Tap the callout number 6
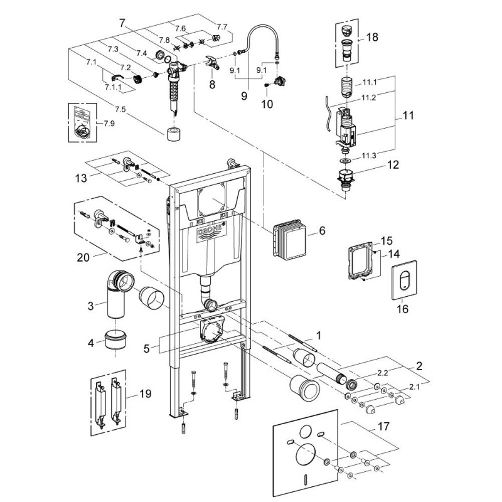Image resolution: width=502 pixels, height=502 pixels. pyautogui.click(x=321, y=231)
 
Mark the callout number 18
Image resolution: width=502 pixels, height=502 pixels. pyautogui.click(x=372, y=38)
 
